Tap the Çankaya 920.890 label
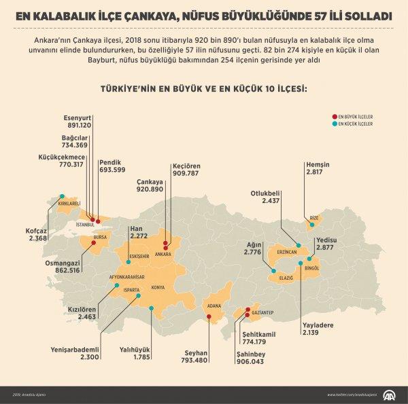(x=150, y=187)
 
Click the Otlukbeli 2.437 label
(x=265, y=197)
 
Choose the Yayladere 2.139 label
(x=318, y=329)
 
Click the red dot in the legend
(x=333, y=117)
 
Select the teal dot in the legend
(x=333, y=124)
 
